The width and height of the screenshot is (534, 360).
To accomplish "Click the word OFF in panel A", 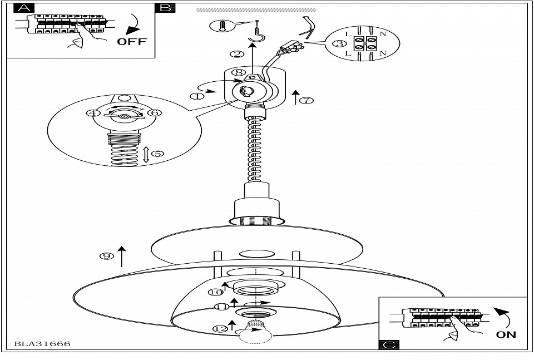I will pyautogui.click(x=132, y=42).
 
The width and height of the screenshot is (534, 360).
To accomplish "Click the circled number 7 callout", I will pyautogui.click(x=306, y=100).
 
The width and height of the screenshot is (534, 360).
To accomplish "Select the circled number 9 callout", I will pyautogui.click(x=106, y=256).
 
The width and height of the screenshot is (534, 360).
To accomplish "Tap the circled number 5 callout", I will pyautogui.click(x=158, y=154).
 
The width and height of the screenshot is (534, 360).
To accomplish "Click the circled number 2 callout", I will pyautogui.click(x=236, y=55).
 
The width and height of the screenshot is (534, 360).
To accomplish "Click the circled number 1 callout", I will pyautogui.click(x=197, y=96).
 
